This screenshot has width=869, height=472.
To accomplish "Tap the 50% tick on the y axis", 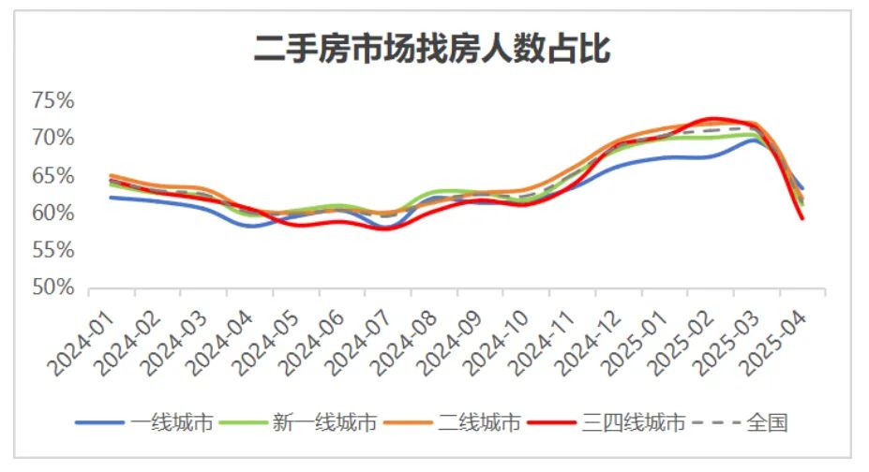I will click(x=52, y=288).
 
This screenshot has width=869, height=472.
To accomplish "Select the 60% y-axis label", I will click(x=52, y=214).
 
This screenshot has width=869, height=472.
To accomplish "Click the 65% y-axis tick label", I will click(x=52, y=176).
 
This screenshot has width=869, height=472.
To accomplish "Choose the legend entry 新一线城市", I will click(x=324, y=424).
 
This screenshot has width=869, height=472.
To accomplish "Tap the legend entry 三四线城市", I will click(x=633, y=424).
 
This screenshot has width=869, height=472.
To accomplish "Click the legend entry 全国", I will click(x=767, y=424).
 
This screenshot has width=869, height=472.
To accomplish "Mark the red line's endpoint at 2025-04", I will click(x=802, y=218).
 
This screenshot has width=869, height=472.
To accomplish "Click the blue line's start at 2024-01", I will click(x=111, y=197).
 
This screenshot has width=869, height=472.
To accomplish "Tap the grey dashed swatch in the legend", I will click(x=717, y=424).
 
